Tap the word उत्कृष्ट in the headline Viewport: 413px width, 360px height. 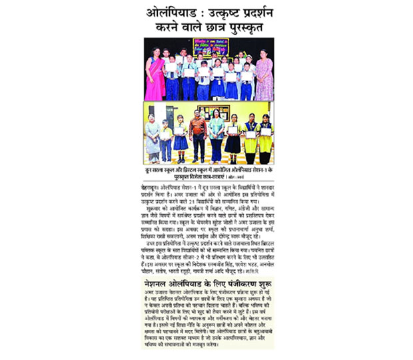(221, 13)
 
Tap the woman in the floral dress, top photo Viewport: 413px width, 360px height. (264, 76)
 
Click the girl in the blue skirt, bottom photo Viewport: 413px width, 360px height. (180, 136)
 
